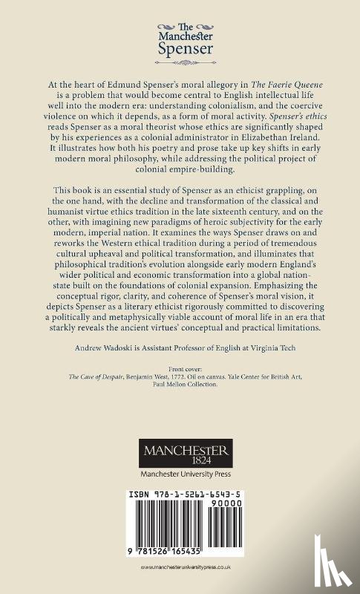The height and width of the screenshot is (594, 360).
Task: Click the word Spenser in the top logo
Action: pos(180,51)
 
